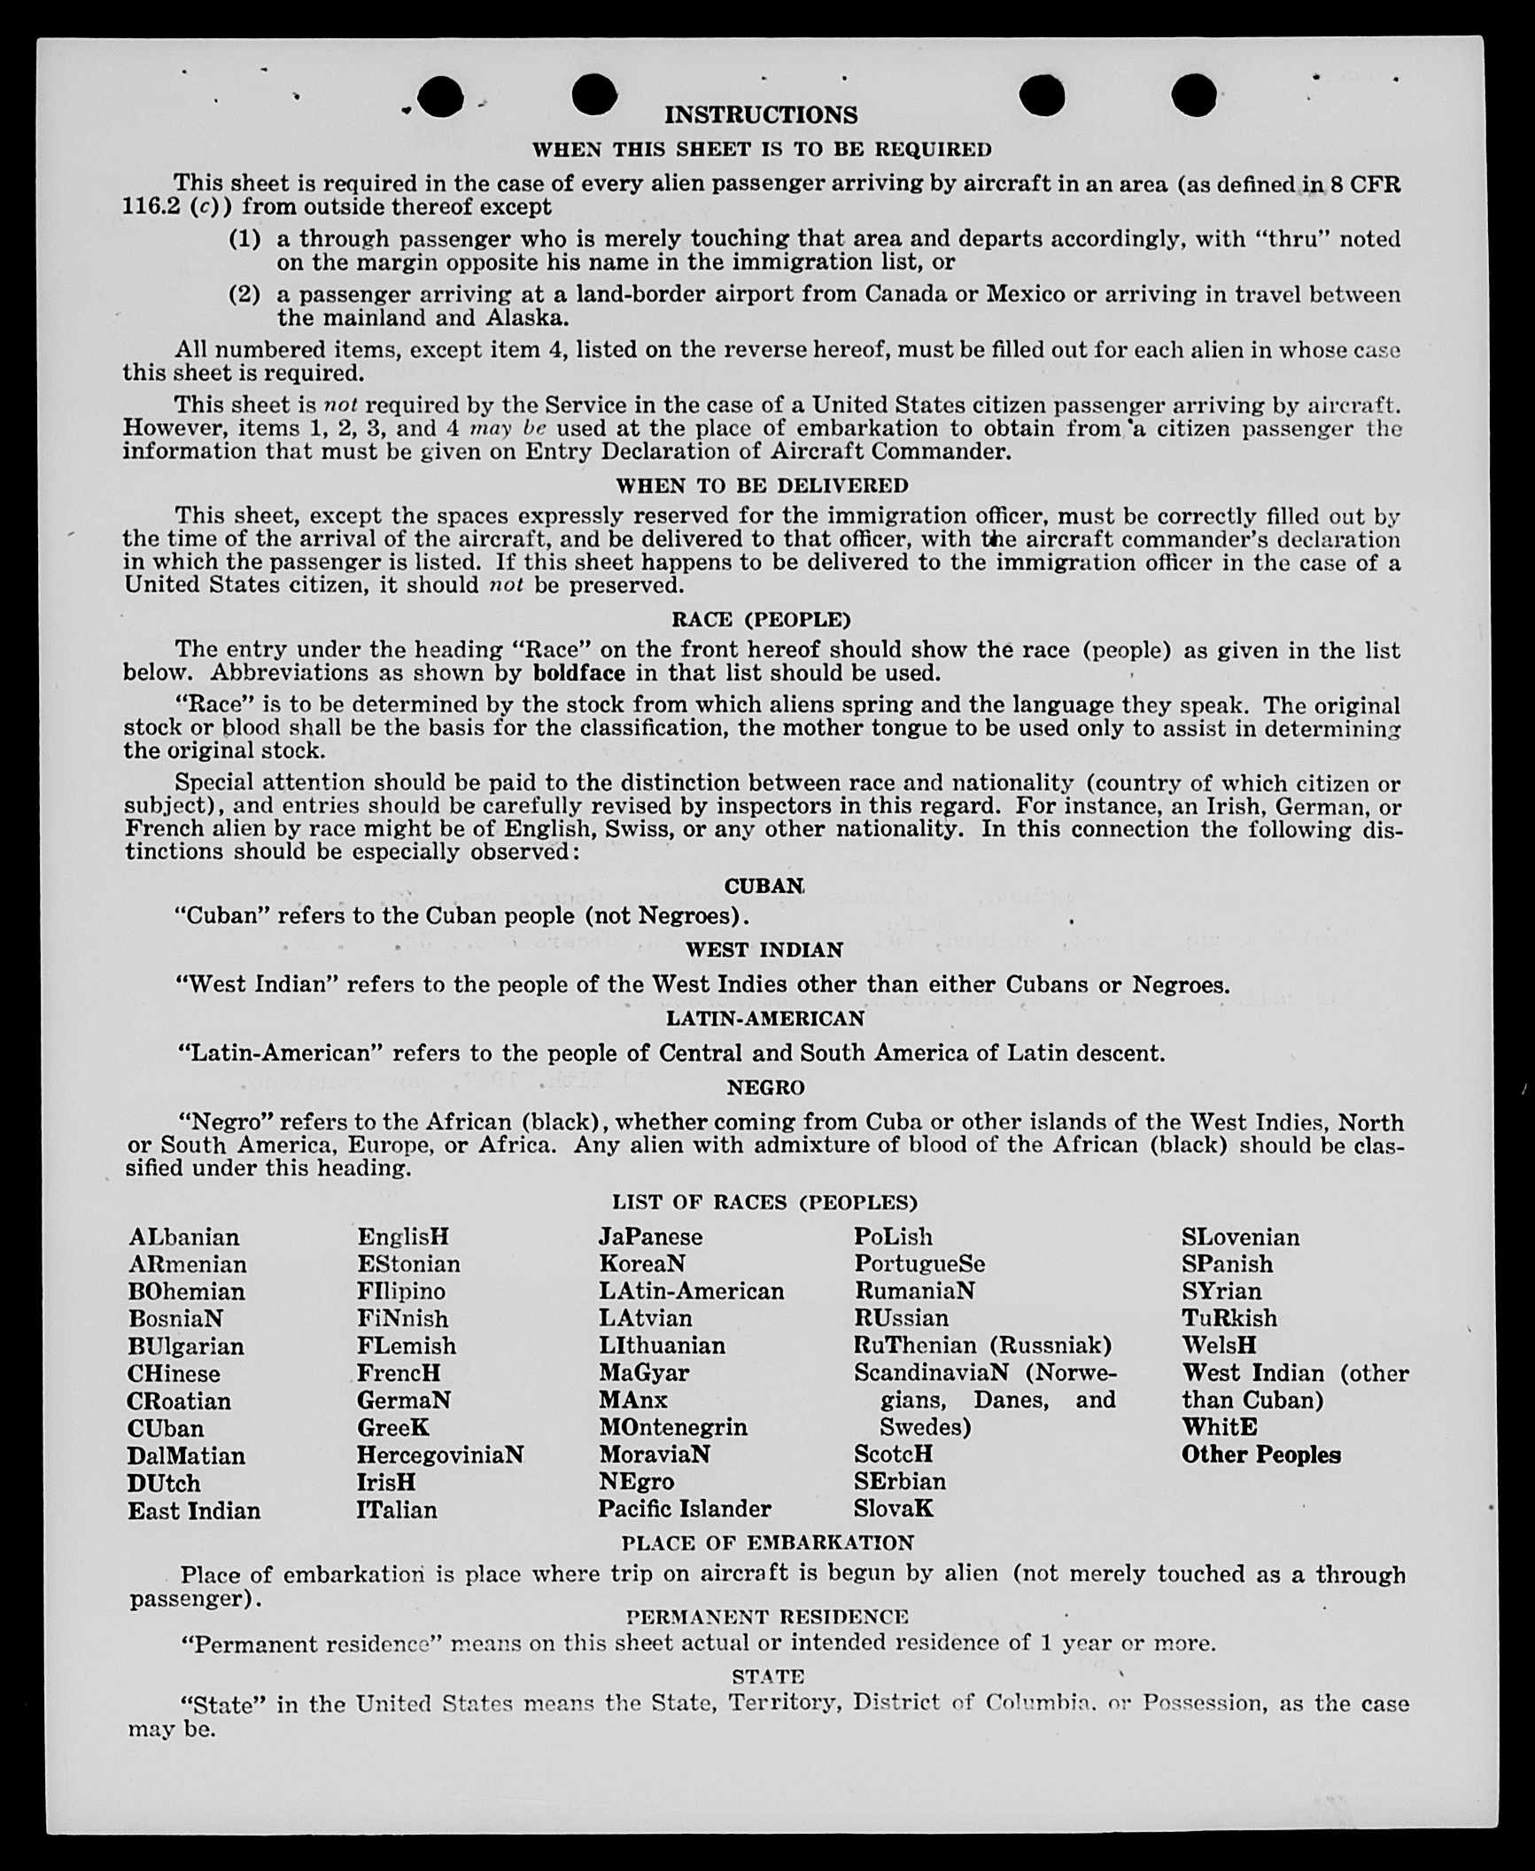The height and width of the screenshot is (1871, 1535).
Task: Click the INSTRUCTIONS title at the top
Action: (761, 115)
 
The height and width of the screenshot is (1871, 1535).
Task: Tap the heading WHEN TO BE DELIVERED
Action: (762, 485)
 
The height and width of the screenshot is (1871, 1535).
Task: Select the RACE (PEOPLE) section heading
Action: (761, 619)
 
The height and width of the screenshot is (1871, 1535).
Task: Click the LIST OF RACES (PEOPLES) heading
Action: (764, 1202)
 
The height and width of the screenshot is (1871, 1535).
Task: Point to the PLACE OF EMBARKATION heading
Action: (767, 1542)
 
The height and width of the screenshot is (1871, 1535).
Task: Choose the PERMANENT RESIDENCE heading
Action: (767, 1617)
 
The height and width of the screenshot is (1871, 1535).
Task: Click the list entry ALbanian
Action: (183, 1237)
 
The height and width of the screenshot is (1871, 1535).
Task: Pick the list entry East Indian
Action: (194, 1510)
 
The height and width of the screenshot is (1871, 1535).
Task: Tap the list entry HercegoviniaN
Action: (440, 1455)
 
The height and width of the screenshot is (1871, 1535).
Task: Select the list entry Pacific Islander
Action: (685, 1509)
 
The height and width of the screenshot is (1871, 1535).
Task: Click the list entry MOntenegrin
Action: (673, 1427)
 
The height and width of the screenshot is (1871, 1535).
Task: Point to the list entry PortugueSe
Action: (919, 1263)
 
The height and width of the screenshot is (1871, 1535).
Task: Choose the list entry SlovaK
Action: (894, 1509)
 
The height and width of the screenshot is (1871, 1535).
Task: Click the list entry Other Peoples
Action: (1260, 1455)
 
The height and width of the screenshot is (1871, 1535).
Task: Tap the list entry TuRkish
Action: (1229, 1318)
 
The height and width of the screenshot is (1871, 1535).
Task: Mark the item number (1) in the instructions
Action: (244, 238)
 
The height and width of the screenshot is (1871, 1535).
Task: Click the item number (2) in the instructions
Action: (244, 294)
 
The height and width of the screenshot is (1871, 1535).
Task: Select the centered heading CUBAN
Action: (764, 886)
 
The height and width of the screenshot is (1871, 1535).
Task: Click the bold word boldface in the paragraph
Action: (579, 673)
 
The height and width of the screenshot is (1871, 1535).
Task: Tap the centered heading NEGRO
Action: (765, 1087)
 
